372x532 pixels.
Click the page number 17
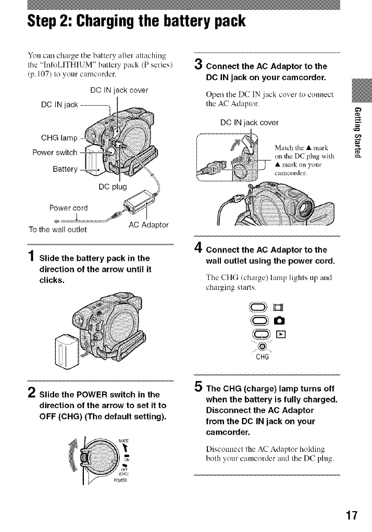coord(353,515)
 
